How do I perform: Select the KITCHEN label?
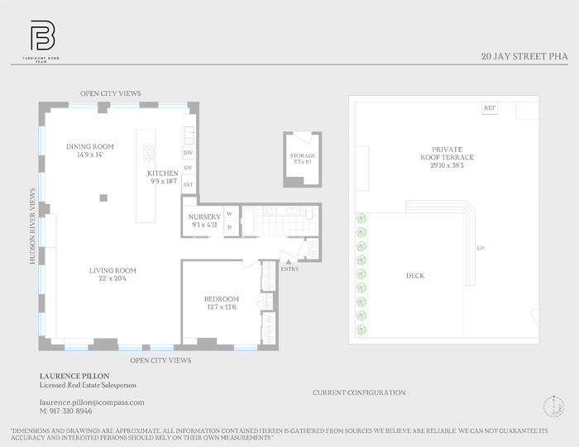(163, 173)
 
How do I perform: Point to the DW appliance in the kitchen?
(188, 153)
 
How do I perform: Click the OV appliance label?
(188, 169)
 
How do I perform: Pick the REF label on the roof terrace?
(490, 108)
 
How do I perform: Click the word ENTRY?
(290, 269)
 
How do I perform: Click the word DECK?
(415, 275)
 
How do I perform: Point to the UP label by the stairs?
(481, 248)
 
